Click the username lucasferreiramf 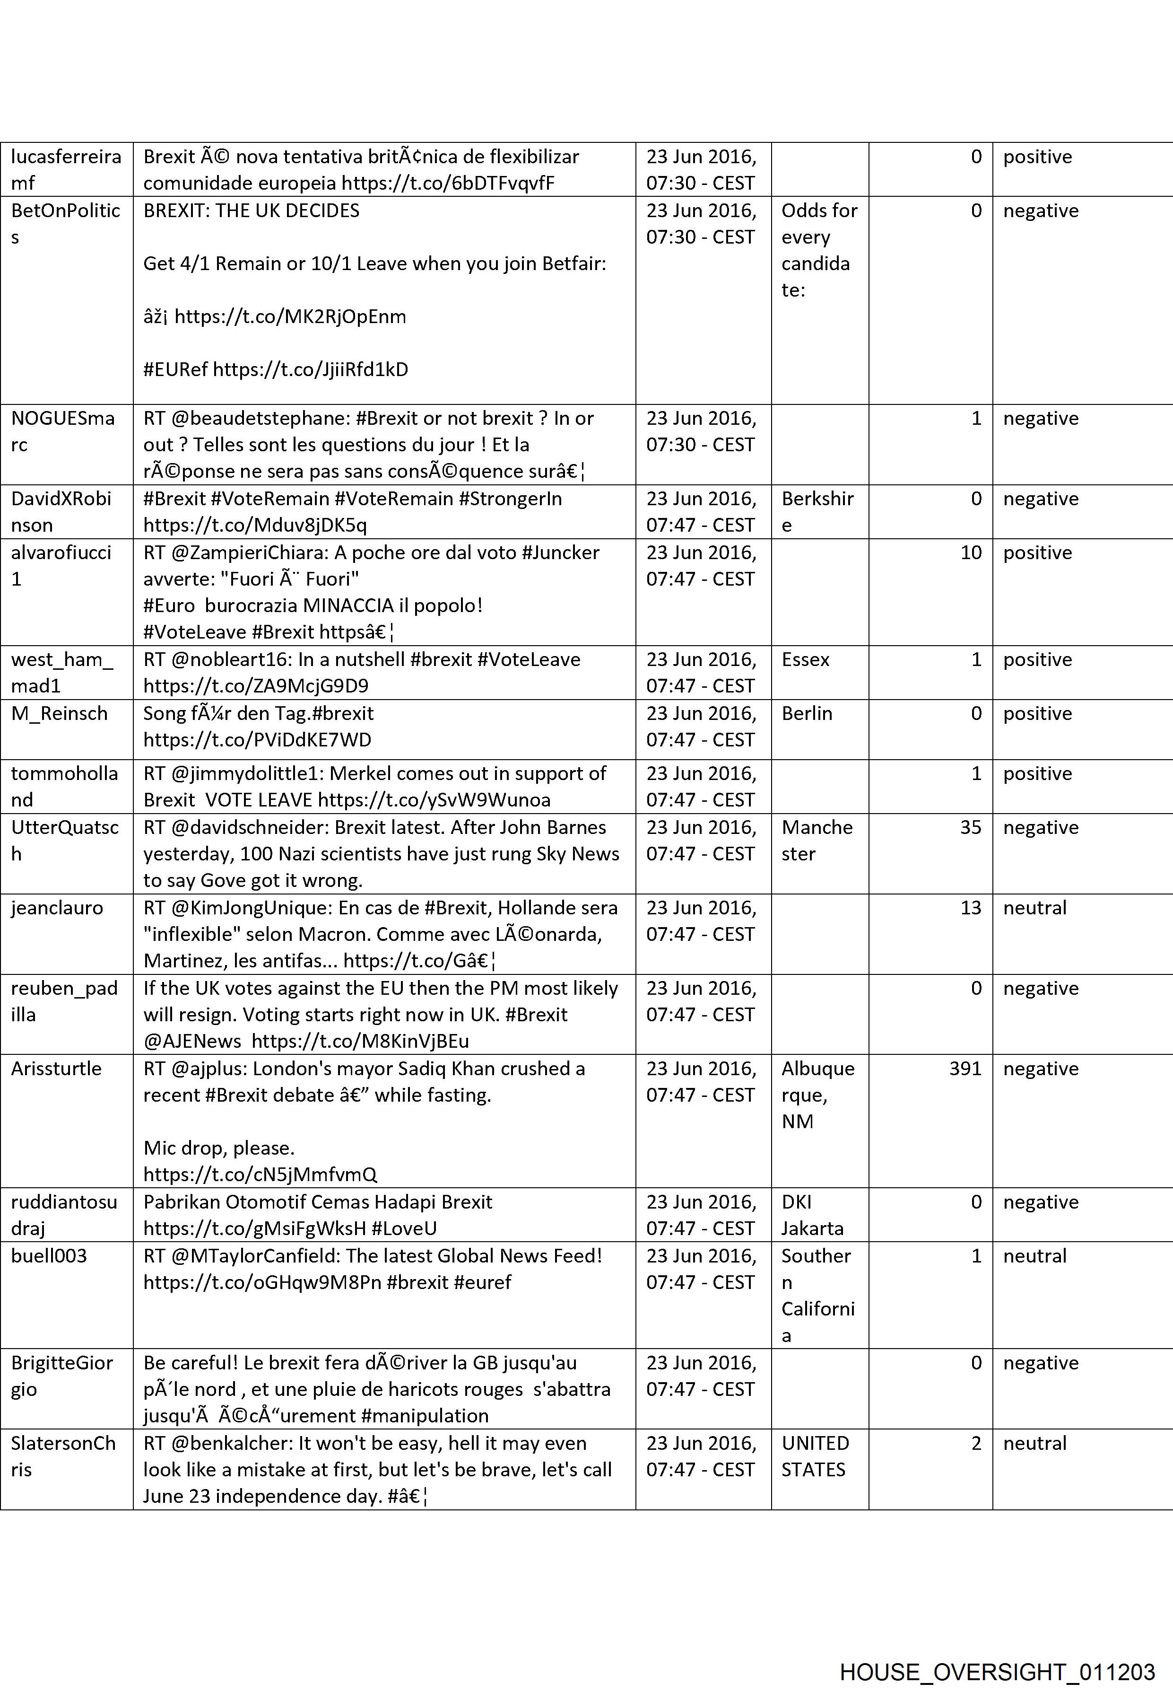click(65, 169)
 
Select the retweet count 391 click(964, 1069)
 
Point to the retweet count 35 click(970, 827)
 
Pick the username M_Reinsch click(59, 713)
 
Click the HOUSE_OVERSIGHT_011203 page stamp click(997, 1651)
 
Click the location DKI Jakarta click(812, 1215)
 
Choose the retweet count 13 click(970, 907)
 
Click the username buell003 click(49, 1255)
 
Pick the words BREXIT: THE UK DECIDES click(252, 211)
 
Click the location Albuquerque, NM click(817, 1095)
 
